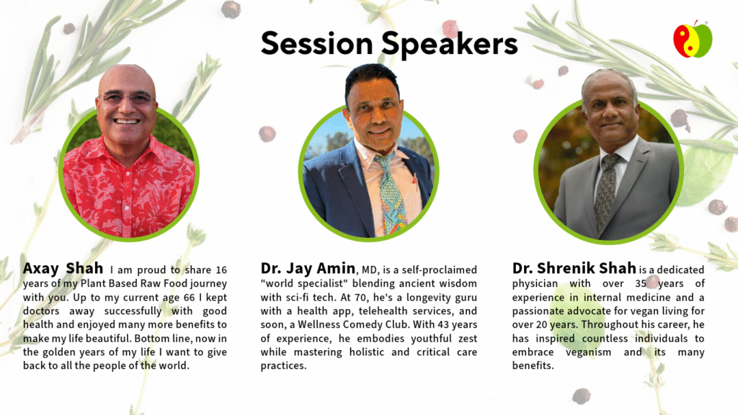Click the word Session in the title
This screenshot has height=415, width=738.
(x=317, y=43)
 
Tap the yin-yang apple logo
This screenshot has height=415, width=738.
(x=693, y=40)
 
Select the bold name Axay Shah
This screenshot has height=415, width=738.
(x=63, y=269)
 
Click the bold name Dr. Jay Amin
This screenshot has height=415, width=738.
(x=308, y=269)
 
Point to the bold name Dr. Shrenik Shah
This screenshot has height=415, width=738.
(x=574, y=269)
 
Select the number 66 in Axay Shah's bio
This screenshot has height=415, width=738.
(x=190, y=298)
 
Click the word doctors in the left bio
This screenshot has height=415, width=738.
(x=41, y=311)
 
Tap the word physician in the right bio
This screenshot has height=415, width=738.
(x=535, y=284)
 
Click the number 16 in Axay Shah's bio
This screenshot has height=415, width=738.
(x=221, y=270)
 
